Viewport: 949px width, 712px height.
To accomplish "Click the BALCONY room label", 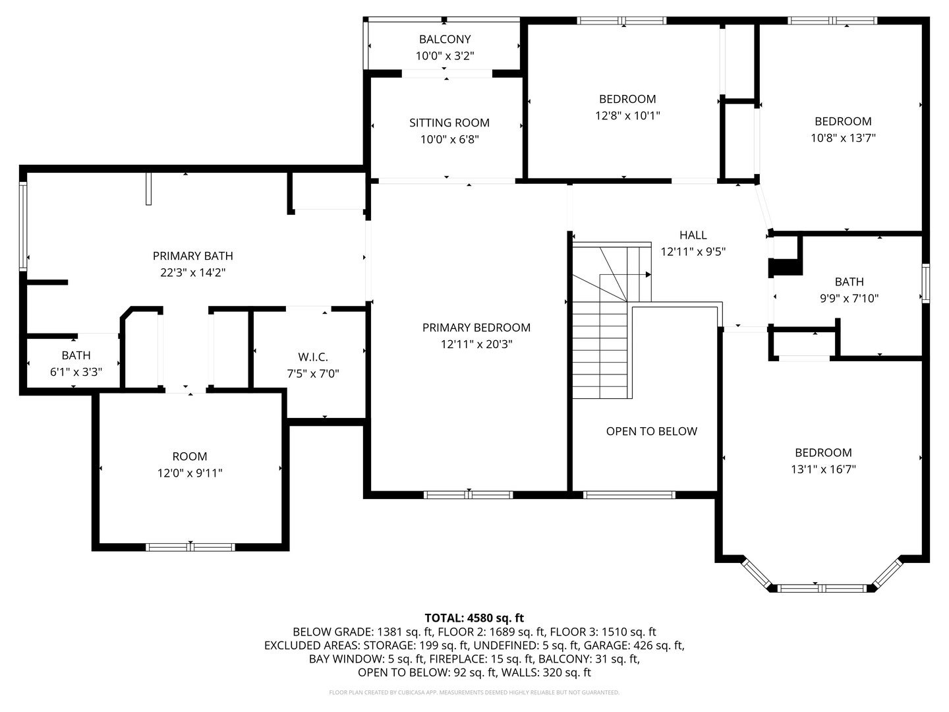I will click(445, 40).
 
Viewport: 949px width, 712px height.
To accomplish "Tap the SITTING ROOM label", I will click(449, 123).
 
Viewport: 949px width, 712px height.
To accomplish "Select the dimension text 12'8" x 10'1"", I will click(627, 116).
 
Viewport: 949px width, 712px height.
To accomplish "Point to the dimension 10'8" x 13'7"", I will click(843, 138).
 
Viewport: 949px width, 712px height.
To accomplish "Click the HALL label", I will click(693, 235).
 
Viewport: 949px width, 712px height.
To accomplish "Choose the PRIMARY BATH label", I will click(192, 256).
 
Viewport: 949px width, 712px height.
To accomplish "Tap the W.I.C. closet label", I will click(312, 357).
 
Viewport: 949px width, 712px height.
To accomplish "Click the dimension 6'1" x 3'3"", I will click(76, 372).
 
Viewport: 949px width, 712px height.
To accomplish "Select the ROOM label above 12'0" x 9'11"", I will click(190, 456).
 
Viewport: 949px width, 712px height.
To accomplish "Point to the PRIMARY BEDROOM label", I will click(476, 328).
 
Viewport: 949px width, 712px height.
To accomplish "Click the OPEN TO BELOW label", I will click(651, 431).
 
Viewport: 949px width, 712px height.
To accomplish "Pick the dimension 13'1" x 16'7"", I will click(823, 469).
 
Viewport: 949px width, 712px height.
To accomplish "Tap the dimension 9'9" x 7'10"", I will click(849, 299).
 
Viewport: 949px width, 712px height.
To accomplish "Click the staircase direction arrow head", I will click(648, 274).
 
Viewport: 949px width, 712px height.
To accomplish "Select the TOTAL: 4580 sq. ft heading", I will click(474, 618).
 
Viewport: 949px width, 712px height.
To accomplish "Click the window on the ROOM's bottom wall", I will click(190, 547).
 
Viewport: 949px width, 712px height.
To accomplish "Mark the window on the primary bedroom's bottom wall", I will click(468, 494).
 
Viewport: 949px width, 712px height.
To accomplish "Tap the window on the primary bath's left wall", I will click(23, 225).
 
